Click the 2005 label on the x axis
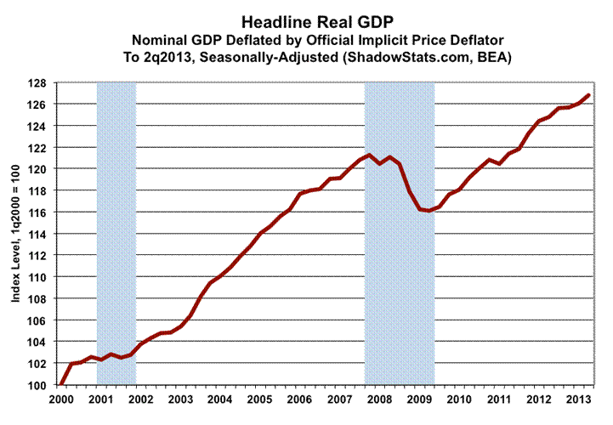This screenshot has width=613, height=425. click(x=257, y=399)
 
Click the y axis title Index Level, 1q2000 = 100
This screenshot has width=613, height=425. click(x=16, y=234)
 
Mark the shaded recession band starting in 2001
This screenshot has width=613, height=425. click(x=116, y=234)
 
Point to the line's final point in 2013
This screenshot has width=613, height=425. click(x=588, y=95)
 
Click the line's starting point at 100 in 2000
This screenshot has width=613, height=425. click(x=60, y=385)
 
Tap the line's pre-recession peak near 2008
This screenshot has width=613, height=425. click(x=369, y=155)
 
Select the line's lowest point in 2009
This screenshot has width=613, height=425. click(x=429, y=211)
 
